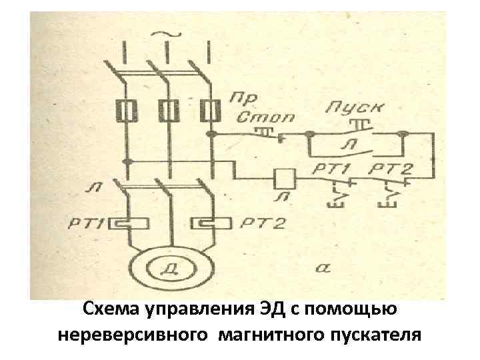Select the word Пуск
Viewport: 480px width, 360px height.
[348, 107]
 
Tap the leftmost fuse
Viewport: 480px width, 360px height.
[124, 109]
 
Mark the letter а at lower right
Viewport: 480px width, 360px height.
[321, 267]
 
